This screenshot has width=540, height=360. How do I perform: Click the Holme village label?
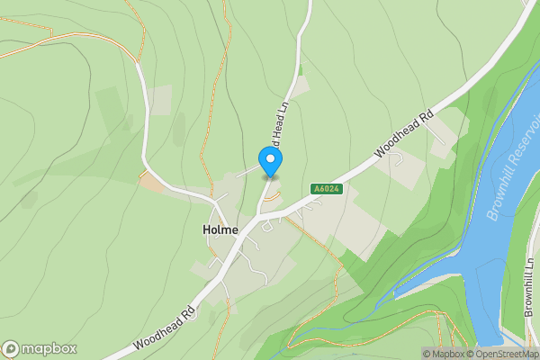click(220, 229)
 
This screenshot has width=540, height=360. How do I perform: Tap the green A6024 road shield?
click(325, 189)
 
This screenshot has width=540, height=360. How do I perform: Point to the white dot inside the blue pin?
click(270, 158)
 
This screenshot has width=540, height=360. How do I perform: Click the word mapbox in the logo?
click(48, 349)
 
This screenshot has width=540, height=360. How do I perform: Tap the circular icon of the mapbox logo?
click(11, 349)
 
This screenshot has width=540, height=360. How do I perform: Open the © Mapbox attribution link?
click(445, 354)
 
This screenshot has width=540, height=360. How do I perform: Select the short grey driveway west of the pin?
click(247, 171)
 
